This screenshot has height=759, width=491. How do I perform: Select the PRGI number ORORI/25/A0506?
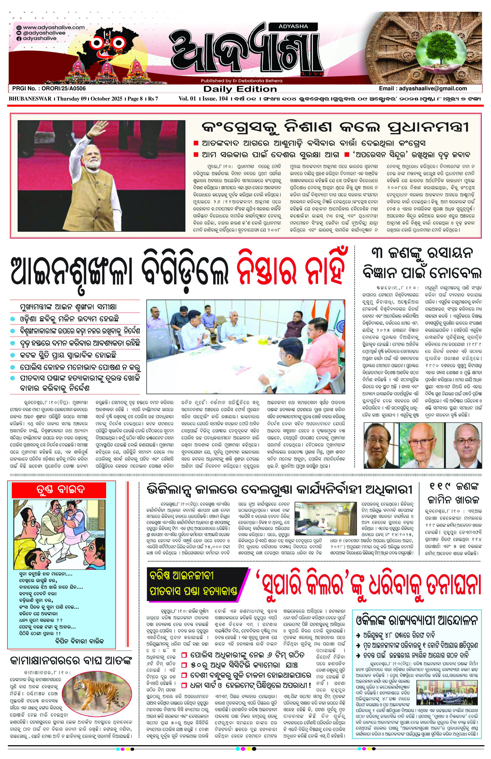point(49,88)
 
